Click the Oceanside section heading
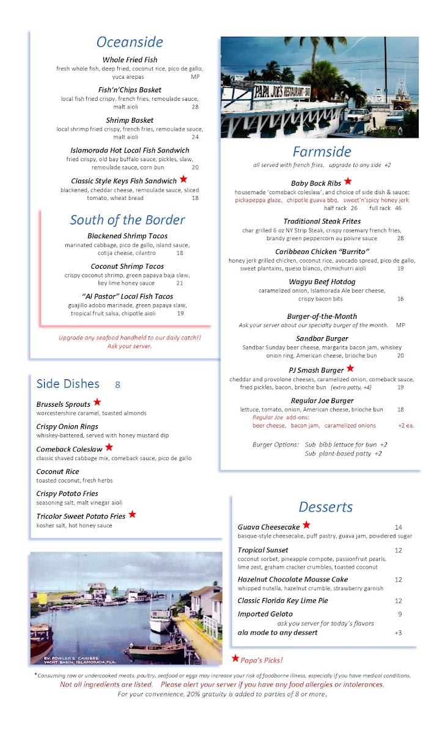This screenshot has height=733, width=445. (x=130, y=42)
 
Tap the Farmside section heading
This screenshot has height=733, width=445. (x=322, y=151)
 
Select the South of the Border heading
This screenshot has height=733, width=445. (x=127, y=220)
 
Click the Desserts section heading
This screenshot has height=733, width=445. (x=326, y=507)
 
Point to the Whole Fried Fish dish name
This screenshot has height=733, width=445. (x=130, y=60)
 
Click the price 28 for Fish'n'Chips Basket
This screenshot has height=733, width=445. (x=195, y=107)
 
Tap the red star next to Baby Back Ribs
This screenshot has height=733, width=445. (x=348, y=181)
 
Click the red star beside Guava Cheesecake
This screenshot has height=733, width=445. (x=306, y=525)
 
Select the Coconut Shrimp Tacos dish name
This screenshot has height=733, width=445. (x=127, y=266)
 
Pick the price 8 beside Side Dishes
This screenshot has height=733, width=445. (x=117, y=384)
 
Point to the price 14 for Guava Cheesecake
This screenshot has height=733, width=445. (x=398, y=527)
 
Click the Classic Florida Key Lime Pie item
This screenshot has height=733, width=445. (x=282, y=601)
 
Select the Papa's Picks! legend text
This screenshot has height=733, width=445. (x=262, y=660)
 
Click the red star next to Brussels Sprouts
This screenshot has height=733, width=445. (x=97, y=403)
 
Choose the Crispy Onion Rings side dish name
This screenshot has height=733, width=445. (x=67, y=426)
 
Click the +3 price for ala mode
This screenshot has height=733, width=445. (x=398, y=632)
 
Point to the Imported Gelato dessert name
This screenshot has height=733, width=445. (x=265, y=614)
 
